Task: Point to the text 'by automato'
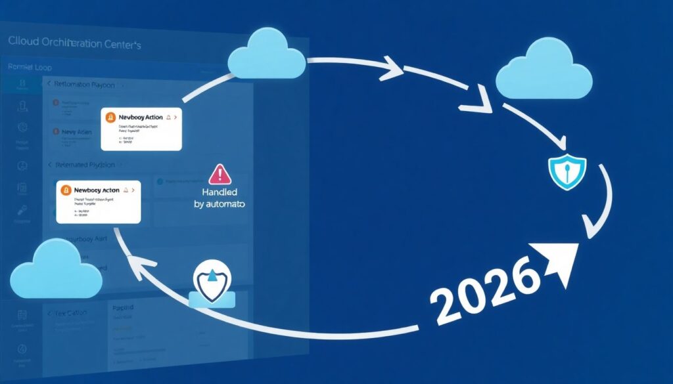click(x=220, y=205)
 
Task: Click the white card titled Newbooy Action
click(x=141, y=130)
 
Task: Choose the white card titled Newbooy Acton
click(x=99, y=202)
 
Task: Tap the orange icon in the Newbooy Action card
click(x=110, y=117)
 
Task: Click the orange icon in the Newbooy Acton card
click(x=66, y=190)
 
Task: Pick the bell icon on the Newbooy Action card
click(x=169, y=117)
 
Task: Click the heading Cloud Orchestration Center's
click(x=74, y=43)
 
